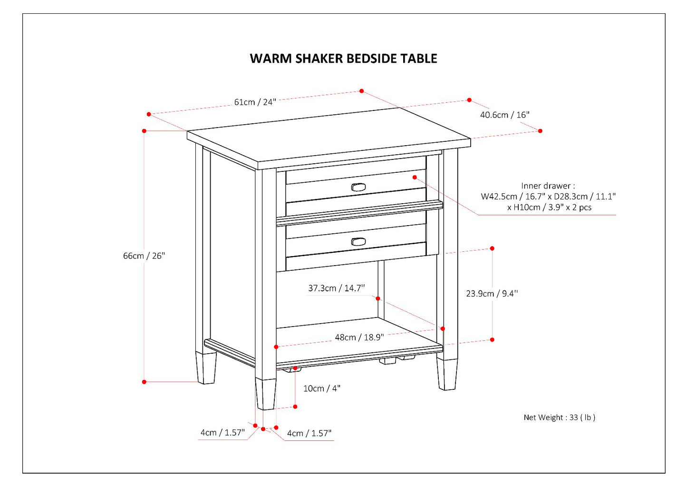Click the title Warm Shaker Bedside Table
[343, 59]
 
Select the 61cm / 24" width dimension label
[255, 102]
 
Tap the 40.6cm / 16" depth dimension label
[504, 115]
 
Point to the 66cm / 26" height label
[144, 256]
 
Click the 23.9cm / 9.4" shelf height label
[492, 294]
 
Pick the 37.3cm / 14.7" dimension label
[336, 288]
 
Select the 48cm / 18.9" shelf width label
[359, 337]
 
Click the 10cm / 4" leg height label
[322, 388]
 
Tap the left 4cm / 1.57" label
[222, 433]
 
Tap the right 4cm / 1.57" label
[309, 433]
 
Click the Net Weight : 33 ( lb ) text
[559, 417]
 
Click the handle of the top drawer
[358, 187]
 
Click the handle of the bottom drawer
[358, 241]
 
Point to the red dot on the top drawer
[415, 177]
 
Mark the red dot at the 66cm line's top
[144, 131]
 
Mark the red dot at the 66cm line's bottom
[144, 382]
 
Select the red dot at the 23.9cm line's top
[492, 248]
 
